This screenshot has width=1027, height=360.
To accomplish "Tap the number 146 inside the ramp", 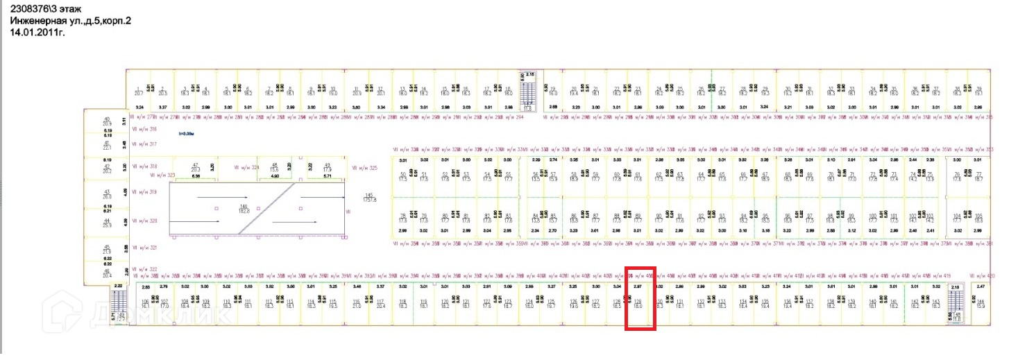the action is tap(243, 207).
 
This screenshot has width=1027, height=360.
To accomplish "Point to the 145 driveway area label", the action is tap(370, 197).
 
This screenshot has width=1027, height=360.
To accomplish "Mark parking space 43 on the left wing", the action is tap(107, 194).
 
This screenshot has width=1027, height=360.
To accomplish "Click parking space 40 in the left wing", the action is tap(107, 121).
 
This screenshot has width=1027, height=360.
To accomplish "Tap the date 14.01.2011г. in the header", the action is tap(37, 32).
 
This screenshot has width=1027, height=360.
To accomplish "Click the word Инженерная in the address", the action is tap(37, 21).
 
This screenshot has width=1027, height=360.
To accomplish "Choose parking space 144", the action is tap(981, 302).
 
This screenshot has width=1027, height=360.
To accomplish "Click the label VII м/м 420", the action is tap(982, 275).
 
